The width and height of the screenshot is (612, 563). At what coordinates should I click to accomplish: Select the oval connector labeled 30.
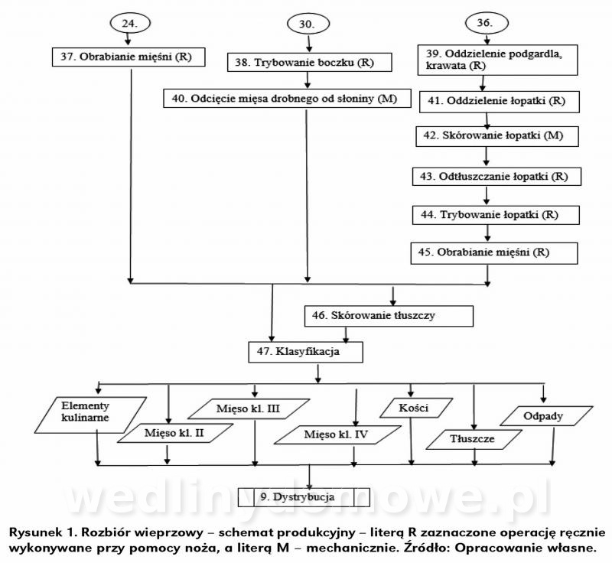pos(307,24)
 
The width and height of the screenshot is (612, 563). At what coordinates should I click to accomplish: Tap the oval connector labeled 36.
pos(484,23)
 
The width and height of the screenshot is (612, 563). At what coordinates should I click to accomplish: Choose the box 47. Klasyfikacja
pos(304,353)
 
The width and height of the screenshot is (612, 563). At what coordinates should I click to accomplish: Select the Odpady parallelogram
pos(544,416)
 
